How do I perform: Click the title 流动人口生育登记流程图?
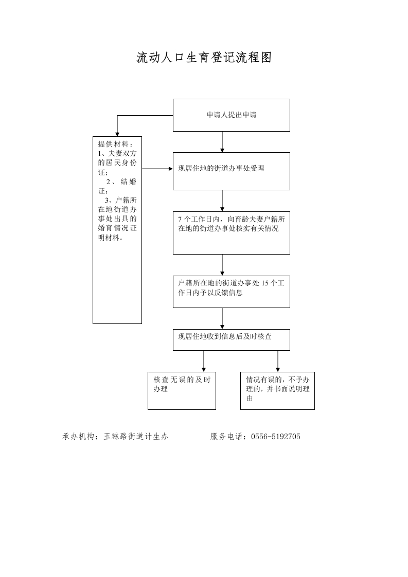[x=204, y=58]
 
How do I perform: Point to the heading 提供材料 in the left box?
[x=115, y=144]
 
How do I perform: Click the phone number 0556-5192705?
[x=276, y=437]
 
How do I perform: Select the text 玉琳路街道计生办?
[x=136, y=437]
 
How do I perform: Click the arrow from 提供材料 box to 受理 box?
[x=157, y=169]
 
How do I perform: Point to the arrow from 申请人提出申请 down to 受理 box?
[x=222, y=142]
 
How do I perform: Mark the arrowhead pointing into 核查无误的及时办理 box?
[x=204, y=369]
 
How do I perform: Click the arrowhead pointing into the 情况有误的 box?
[x=278, y=369]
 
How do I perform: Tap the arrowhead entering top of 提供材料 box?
[x=117, y=134]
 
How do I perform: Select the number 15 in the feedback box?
[x=265, y=283]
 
